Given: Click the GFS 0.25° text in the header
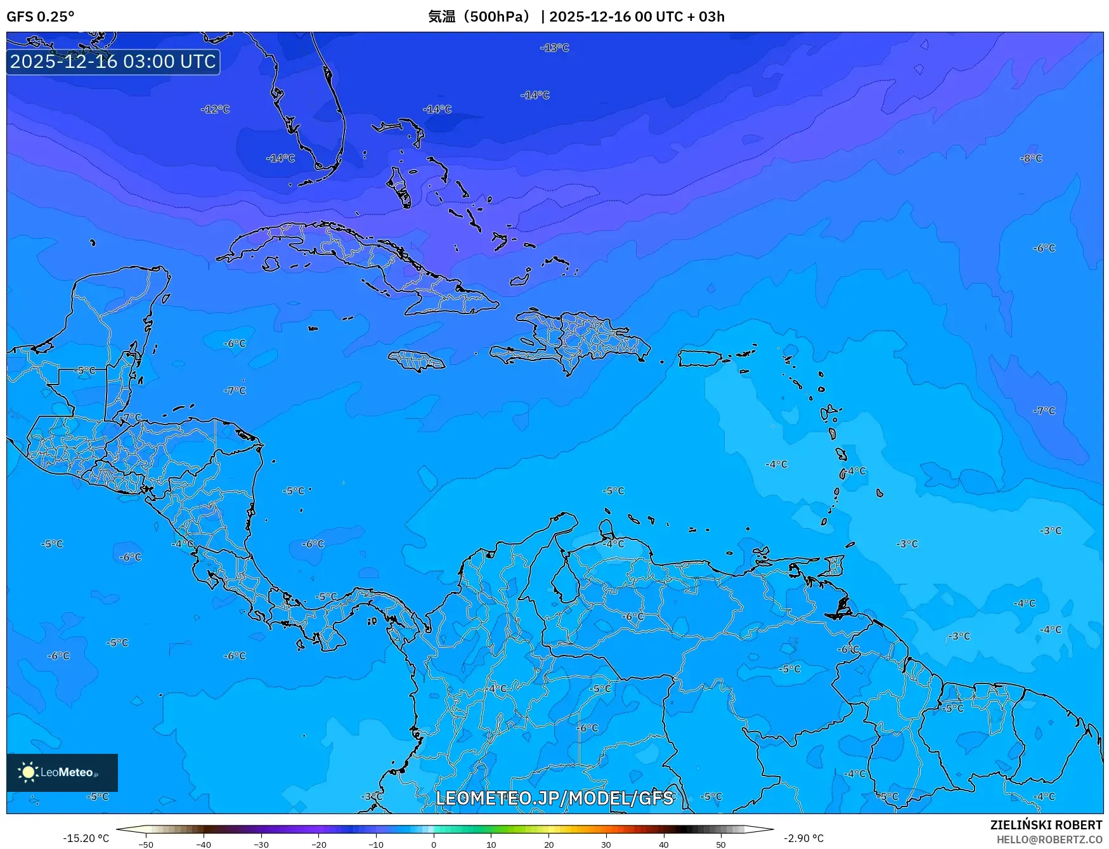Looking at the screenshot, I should point(40,16).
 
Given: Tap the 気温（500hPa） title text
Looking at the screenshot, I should point(479,16).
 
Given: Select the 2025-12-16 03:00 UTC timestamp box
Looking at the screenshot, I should point(113,62).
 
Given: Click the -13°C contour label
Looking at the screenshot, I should point(555,48).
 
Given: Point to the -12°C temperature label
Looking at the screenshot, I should point(216,109).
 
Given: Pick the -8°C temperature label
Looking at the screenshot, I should point(1031,158).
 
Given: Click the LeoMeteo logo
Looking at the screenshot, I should point(62,772).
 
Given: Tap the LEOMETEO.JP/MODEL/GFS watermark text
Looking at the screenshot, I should point(554,798).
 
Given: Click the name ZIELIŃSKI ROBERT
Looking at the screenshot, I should point(1046,825).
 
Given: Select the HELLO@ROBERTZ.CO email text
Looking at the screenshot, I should point(1049,839).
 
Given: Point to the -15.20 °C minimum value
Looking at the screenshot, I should point(86,838).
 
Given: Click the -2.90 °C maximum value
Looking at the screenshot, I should point(803,838).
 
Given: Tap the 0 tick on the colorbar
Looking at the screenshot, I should point(434,845).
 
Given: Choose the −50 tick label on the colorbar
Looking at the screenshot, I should point(146,845).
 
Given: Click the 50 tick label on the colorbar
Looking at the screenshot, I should point(721,845).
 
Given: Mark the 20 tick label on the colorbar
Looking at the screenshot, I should point(548,845).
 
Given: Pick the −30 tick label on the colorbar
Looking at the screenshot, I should point(261,845).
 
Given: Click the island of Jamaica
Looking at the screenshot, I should point(417,361).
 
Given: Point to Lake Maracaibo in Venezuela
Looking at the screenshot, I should point(563,581).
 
